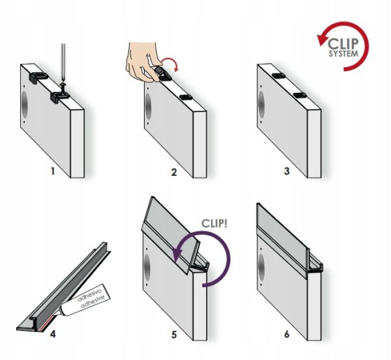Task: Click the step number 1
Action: pos(53,171)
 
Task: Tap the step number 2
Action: pos(174,172)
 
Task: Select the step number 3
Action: pos(287,171)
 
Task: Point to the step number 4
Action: pos(53,334)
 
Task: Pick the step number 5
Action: pos(174,335)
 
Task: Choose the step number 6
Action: pos(287,334)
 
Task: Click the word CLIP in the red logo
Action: pos(343,44)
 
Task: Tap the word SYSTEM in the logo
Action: pos(343,53)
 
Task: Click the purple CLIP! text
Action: pos(214,223)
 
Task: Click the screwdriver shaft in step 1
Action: pos(63,64)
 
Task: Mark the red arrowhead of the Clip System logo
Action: pos(322,40)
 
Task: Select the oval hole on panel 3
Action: pos(261,104)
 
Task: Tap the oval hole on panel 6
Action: pos(261,267)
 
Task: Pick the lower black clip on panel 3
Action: pos(300,95)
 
